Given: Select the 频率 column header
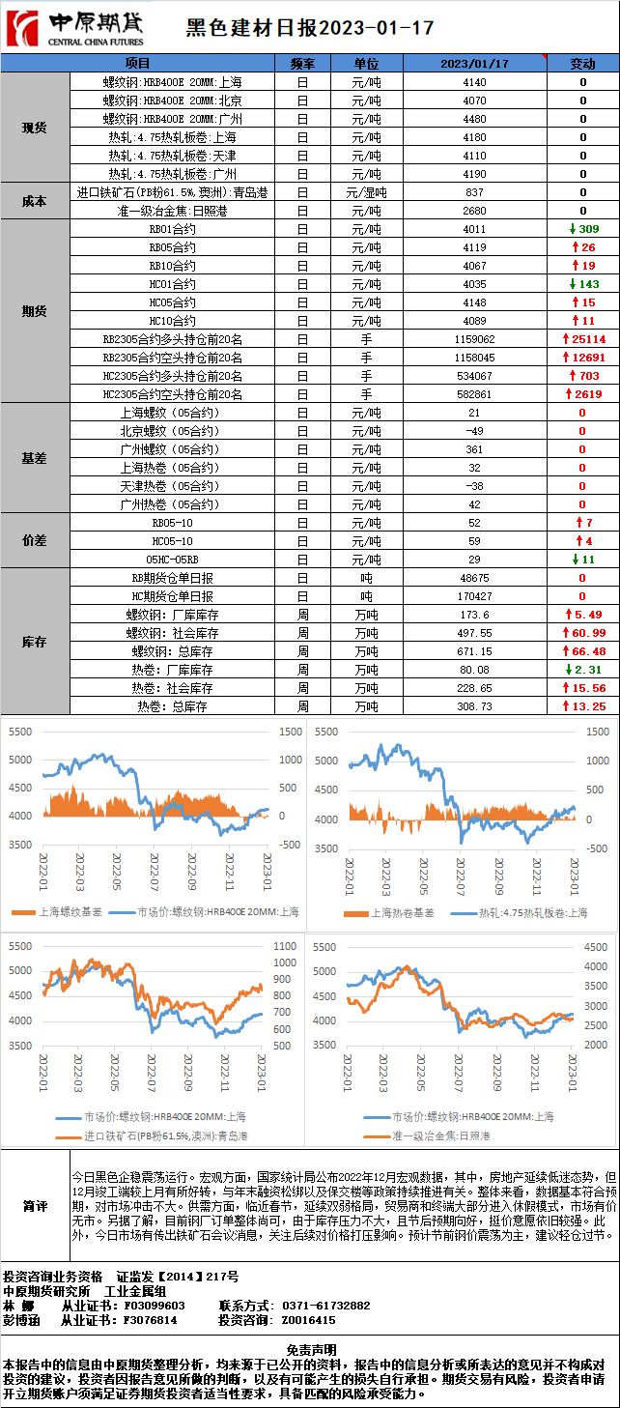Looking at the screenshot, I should (x=302, y=64).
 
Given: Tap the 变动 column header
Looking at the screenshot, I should (x=582, y=64).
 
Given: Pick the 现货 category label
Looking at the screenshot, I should (x=35, y=128).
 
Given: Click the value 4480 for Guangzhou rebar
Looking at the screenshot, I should (x=474, y=119).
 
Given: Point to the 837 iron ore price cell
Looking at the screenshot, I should (x=474, y=192).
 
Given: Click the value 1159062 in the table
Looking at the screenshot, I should (x=474, y=339).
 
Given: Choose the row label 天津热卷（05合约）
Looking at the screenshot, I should (x=169, y=486).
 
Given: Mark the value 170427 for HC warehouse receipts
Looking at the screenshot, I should (x=474, y=596).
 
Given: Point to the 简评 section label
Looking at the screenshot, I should (x=35, y=1207).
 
